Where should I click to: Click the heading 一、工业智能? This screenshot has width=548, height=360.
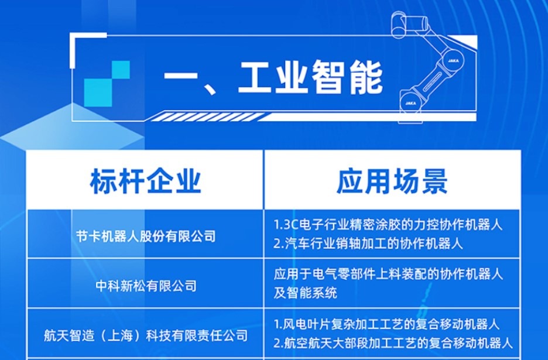tap(273, 78)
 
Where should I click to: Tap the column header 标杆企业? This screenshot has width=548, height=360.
tap(146, 181)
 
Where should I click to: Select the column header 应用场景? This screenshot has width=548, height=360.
tap(392, 181)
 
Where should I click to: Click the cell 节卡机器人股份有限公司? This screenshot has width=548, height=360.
tap(146, 236)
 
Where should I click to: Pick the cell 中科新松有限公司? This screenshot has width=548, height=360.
tap(146, 286)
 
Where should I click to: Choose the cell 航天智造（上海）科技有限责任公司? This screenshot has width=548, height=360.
tap(146, 335)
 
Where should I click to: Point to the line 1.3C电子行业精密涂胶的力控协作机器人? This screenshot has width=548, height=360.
tap(388, 224)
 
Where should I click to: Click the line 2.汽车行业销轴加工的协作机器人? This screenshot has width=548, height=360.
tap(368, 244)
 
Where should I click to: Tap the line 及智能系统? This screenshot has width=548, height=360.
tap(306, 293)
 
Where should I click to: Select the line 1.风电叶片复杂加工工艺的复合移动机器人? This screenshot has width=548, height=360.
tap(386, 324)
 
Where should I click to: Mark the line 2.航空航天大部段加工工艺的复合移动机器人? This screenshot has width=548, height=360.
tap(393, 343)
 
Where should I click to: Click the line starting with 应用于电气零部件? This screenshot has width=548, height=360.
tap(388, 274)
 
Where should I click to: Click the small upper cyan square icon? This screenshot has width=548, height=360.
tap(121, 70)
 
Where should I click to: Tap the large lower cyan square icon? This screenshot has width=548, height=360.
tap(98, 92)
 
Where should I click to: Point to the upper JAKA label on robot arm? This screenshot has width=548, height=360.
tap(453, 60)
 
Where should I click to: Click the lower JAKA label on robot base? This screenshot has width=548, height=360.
tap(410, 103)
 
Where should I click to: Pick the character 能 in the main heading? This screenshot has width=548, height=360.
tap(365, 78)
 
